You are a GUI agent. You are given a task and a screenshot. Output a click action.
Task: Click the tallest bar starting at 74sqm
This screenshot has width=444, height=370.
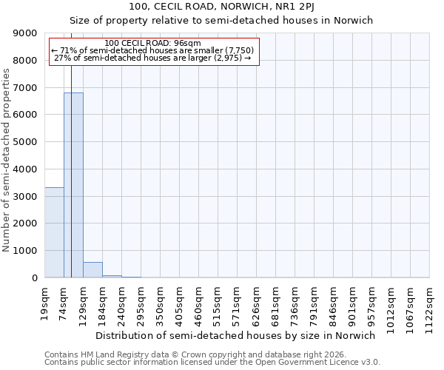tap(74, 185)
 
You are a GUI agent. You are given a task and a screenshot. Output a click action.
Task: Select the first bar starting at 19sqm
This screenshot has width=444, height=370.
tap(54, 232)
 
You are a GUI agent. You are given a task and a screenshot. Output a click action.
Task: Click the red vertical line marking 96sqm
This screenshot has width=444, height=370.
tap(71, 148)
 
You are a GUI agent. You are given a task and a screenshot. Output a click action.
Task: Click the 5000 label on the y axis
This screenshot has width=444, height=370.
tap(25, 142)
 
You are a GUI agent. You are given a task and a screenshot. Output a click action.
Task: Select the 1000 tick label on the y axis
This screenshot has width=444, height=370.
tap(25, 251)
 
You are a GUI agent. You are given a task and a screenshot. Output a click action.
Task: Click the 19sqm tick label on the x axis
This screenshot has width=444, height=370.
tap(45, 301)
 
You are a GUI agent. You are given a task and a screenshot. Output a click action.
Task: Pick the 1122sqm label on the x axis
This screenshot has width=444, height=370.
tap(430, 305)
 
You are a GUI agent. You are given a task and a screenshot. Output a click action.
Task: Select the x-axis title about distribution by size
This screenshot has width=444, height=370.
tap(236, 335)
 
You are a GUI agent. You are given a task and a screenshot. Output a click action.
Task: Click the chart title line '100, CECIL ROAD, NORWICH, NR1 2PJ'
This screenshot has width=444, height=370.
tap(221, 7)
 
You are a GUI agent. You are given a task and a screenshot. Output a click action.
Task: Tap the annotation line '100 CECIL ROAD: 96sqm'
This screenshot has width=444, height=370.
tap(152, 44)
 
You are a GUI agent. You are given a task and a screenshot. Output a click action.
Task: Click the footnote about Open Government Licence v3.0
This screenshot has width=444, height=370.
tap(212, 363)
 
